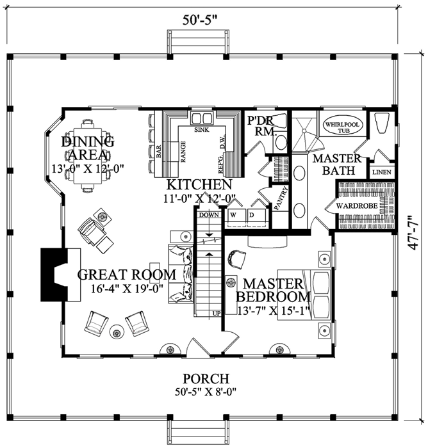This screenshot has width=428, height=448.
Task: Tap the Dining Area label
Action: [88, 148]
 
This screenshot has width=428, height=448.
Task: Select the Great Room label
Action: [127, 275]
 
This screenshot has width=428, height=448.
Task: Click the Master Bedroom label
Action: [273, 284]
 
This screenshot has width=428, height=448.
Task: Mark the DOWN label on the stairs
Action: [210, 216]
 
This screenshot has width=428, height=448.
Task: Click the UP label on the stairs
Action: [215, 314]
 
